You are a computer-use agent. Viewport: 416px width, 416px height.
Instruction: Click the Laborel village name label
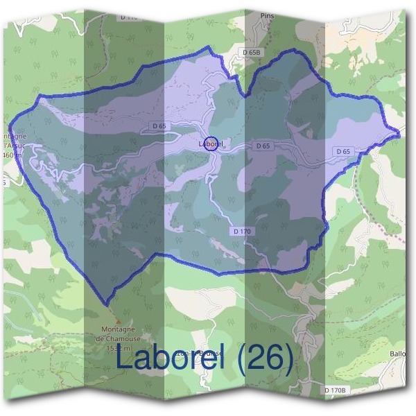209,144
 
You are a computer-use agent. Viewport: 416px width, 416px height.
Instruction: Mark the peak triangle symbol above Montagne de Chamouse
118,321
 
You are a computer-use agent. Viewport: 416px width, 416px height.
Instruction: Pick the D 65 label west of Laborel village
158,125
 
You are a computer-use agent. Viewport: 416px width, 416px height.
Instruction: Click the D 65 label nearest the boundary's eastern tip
343,150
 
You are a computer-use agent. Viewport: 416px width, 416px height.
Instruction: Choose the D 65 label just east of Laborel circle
262,146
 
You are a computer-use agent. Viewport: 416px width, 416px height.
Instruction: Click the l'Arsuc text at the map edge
13,146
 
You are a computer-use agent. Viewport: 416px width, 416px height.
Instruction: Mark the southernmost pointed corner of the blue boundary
106,304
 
